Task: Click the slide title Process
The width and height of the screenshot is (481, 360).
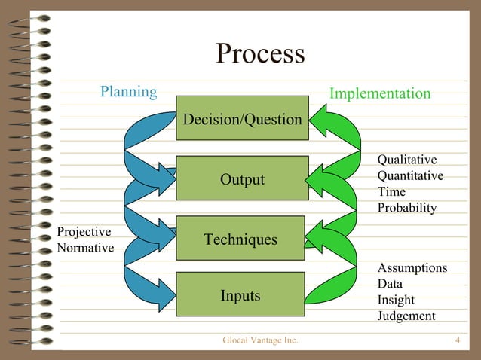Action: click(260, 54)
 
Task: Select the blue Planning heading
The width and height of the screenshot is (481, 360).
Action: click(129, 92)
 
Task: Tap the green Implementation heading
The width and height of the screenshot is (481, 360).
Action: click(380, 93)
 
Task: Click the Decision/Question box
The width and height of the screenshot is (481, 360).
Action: click(242, 119)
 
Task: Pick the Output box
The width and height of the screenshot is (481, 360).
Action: click(242, 179)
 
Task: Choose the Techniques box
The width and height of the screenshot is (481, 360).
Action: click(240, 239)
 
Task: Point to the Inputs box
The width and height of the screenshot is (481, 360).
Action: click(240, 295)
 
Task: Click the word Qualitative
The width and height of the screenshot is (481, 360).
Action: click(407, 160)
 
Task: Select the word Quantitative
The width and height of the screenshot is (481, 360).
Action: click(410, 175)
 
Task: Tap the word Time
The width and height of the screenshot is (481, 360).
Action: click(391, 191)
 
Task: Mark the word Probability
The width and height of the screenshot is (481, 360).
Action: click(407, 207)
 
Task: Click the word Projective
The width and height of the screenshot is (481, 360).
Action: click(84, 232)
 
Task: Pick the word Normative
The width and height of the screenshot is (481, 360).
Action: click(85, 248)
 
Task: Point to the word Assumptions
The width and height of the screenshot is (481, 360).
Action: click(412, 268)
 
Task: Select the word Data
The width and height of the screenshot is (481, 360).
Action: click(390, 284)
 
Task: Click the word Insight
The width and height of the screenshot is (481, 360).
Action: click(396, 300)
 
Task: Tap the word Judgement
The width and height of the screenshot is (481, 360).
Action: click(406, 316)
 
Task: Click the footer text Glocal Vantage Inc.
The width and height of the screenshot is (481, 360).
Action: click(260, 341)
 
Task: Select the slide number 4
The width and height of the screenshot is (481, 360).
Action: click(458, 341)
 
